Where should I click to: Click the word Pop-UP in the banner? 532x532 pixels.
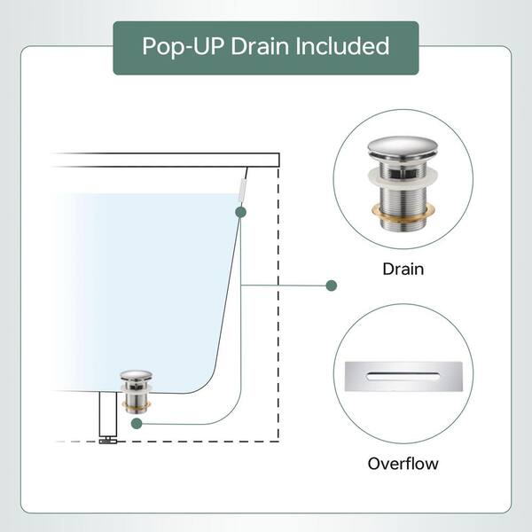183,46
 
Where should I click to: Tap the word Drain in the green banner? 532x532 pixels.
260,46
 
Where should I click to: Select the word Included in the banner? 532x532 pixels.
342,46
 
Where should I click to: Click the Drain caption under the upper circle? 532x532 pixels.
403,269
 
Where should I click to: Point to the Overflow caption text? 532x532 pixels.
403,464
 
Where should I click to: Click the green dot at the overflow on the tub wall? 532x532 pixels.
240,212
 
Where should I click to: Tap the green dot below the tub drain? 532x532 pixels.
137,424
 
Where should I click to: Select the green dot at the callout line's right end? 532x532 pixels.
331,286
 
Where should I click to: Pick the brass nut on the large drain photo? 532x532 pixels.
403,213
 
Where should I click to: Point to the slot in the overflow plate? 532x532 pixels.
403,376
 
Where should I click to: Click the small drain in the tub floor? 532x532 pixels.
136,392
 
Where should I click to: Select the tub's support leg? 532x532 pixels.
108,414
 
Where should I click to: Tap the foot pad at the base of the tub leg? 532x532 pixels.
108,441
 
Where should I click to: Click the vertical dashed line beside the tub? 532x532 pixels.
278,304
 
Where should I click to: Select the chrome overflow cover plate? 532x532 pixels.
403,376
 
